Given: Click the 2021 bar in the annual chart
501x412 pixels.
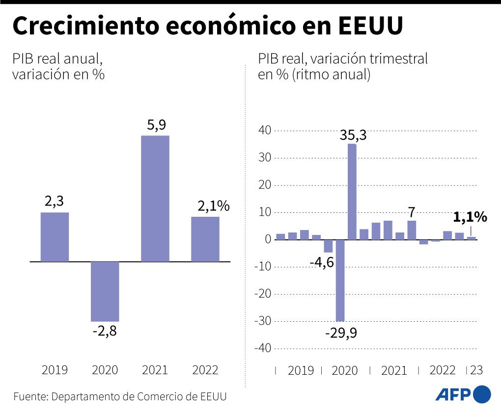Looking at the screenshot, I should click(155, 199).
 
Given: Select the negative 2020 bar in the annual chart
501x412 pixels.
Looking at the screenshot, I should click(105, 291).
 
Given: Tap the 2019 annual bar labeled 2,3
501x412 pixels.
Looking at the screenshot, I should click(55, 237).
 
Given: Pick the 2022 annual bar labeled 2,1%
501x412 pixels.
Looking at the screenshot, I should click(205, 239).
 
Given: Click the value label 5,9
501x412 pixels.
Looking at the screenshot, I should click(156, 126).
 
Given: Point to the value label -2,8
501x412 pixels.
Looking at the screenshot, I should click(105, 331).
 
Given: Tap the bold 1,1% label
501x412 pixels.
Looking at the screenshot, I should click(470, 217).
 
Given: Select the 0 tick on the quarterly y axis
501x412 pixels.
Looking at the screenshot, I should click(268, 239).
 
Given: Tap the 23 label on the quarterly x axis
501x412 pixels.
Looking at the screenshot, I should click(476, 370).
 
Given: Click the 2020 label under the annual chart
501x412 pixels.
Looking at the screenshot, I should click(105, 370).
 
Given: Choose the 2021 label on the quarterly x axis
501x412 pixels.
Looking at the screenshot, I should click(393, 370).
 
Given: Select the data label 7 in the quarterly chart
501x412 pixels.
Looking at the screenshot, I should click(412, 212).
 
